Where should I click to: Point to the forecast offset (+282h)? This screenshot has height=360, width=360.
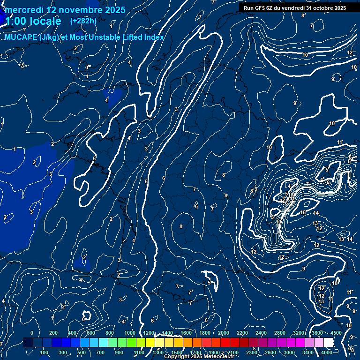83,21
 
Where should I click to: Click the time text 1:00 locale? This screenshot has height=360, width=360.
33,21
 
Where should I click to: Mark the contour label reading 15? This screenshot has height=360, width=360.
303,213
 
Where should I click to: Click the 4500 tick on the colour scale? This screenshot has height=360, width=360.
336,333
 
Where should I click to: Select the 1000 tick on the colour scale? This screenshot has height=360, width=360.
129,333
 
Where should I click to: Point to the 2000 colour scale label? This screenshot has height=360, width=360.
224,333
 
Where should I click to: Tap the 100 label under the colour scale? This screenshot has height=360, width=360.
45,352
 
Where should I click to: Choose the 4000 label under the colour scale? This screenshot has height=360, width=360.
327,352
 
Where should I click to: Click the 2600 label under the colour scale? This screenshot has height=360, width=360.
270,352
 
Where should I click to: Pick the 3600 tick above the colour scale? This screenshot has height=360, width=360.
317,333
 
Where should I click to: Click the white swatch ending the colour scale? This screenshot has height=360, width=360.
328,343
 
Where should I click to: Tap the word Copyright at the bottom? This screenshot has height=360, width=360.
177,357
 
